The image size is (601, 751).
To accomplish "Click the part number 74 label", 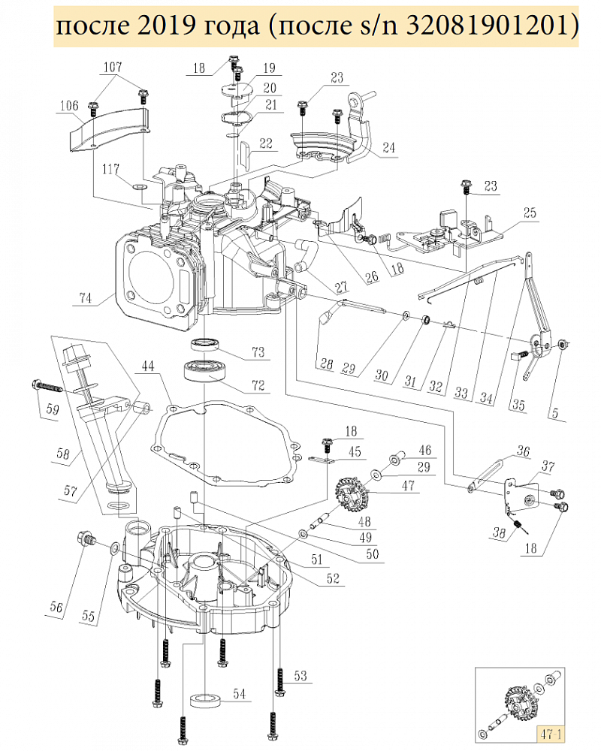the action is click(86, 298).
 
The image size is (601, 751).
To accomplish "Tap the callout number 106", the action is click(69, 105).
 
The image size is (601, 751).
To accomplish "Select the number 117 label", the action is click(110, 169).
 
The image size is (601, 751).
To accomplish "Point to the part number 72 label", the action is click(258, 385).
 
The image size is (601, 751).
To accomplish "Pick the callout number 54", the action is click(239, 693).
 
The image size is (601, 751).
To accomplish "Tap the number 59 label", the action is click(53, 409).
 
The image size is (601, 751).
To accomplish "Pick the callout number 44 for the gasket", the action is click(148, 366).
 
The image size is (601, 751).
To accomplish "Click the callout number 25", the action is click(530, 213).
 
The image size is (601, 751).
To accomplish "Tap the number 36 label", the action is click(523, 451).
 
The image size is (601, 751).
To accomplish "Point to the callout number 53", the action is click(300, 676).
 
